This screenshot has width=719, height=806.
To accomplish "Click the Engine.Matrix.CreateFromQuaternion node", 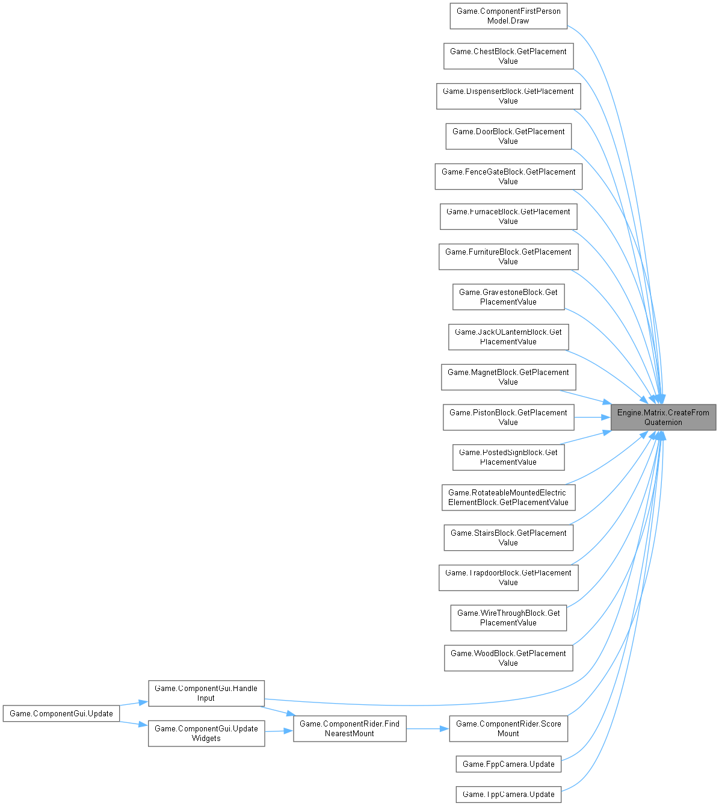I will [663, 417].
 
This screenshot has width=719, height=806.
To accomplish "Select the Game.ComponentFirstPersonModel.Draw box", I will [508, 16].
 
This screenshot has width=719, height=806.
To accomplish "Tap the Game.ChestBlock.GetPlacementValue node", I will [508, 56].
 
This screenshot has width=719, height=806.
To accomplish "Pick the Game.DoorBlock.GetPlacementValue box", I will [508, 136].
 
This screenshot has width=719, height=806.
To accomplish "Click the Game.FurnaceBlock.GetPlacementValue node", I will [508, 216].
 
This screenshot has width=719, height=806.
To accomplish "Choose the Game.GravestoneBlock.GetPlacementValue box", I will [508, 297].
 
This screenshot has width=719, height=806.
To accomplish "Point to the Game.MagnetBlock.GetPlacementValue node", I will [508, 377].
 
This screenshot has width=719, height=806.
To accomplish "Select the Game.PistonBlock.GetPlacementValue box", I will [508, 417].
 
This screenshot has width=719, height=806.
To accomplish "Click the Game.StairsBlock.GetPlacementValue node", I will [508, 538].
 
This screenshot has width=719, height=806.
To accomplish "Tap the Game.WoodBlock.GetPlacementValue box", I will [508, 658].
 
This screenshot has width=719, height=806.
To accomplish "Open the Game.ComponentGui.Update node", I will [61, 713].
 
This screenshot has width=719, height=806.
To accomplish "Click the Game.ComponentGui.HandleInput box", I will [206, 693].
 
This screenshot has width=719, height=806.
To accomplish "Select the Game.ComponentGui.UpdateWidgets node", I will [206, 733].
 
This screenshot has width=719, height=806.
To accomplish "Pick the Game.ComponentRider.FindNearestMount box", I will [350, 728].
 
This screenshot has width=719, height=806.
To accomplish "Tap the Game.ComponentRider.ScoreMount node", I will [508, 728].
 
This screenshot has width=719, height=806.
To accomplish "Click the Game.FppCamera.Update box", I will [508, 764].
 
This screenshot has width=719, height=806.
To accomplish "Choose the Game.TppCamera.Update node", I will [508, 794].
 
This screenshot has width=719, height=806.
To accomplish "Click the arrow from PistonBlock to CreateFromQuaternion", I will [592, 417].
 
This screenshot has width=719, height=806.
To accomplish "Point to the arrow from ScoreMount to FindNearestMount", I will [427, 728].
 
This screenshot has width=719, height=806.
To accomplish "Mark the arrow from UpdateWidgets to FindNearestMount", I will [279, 731].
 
